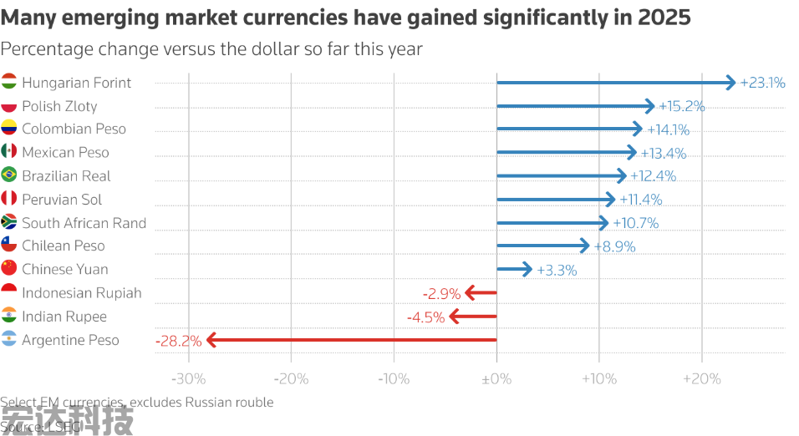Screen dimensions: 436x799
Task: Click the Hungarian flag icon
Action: [9, 83]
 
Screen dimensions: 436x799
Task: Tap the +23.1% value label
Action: [762, 83]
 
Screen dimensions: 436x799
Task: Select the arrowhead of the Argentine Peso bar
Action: [211, 340]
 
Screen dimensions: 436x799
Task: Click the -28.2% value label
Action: [178, 340]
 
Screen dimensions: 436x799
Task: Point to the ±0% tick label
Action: [496, 379]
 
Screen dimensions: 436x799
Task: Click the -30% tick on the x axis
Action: [188, 379]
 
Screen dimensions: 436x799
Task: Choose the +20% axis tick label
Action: [701, 379]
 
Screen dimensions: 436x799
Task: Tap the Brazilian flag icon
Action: [9, 175]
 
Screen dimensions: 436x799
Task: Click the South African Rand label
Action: [84, 223]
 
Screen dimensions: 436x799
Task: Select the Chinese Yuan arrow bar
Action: [514, 269]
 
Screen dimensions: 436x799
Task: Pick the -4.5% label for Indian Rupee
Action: [425, 317]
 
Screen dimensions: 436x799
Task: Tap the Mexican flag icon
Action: [9, 152]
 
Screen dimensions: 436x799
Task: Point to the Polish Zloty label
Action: [59, 106]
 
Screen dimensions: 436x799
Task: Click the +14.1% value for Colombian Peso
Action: [668, 129]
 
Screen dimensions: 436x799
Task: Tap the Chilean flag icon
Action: [9, 246]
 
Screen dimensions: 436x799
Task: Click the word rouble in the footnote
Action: [253, 403]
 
